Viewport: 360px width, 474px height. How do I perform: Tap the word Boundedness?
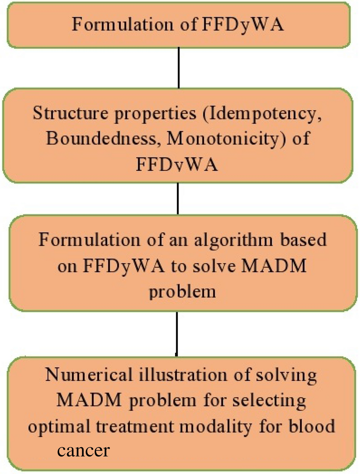103,139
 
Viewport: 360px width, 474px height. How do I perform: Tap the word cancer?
83,450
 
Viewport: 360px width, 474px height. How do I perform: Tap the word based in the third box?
303,240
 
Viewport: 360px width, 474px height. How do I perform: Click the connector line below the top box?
179,68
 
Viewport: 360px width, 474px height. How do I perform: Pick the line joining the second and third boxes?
177,198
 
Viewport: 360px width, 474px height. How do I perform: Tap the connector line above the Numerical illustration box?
177,333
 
